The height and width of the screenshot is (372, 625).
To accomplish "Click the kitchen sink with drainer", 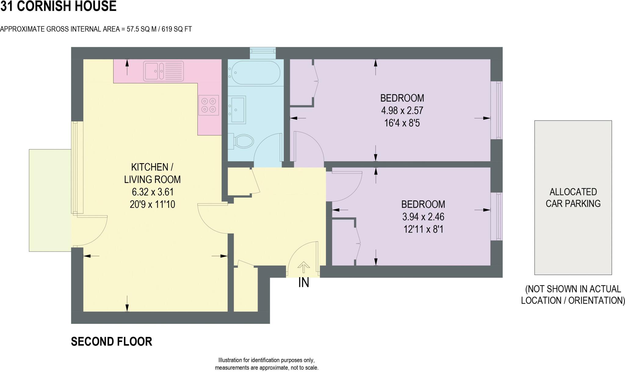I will point(164,71).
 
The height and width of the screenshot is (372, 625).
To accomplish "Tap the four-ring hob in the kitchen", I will point(209,105).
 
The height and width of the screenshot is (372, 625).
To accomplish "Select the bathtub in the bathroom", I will point(255,73).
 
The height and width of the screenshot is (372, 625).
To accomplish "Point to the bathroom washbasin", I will point(238,110).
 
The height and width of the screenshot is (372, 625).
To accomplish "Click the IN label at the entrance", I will point(304,283).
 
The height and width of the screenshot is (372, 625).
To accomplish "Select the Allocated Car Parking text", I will point(573,198).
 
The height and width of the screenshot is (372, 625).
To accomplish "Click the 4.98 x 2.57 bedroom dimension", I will point(402,110).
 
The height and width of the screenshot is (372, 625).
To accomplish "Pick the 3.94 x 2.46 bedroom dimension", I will point(423,217).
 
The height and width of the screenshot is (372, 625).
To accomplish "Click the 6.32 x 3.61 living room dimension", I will point(153,192).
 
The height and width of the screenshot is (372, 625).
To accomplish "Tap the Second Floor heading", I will point(111,342).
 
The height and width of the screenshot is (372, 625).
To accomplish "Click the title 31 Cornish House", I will point(58,6).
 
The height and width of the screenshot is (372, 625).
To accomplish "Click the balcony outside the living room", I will point(50,200).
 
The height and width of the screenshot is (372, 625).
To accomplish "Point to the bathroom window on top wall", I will point(263,53).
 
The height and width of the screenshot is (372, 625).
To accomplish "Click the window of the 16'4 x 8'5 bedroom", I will point(497,110).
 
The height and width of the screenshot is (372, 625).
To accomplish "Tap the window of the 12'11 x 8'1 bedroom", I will point(497,216).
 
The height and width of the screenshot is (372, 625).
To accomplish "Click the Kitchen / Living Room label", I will point(152,173).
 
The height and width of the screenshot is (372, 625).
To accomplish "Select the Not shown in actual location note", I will point(573,295).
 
